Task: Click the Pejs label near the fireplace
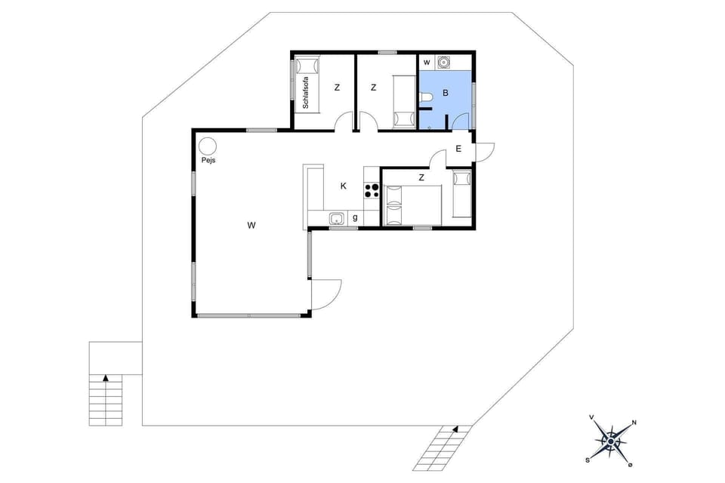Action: [x=208, y=161]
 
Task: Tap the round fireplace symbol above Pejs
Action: [x=208, y=146]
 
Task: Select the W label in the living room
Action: [x=250, y=224]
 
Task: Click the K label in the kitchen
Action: [x=344, y=186]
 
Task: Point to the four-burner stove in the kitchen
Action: [x=372, y=190]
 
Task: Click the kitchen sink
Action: [x=337, y=219]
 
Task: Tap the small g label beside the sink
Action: [x=355, y=219]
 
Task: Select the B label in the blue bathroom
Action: [x=446, y=94]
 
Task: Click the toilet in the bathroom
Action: [x=426, y=97]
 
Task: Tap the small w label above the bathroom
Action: [x=427, y=62]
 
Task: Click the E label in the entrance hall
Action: [x=458, y=149]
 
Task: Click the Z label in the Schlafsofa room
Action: [x=337, y=88]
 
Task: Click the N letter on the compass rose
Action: [x=634, y=423]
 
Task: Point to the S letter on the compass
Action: [x=588, y=458]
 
